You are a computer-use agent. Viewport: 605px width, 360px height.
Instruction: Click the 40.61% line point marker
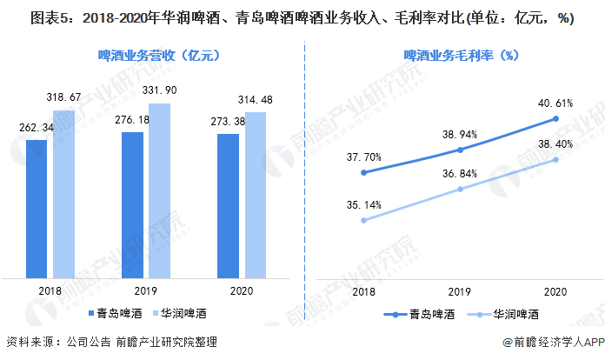[555, 118]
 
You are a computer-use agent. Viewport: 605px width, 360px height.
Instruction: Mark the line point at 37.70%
[362, 172]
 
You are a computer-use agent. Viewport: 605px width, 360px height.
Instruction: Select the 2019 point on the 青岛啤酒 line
[459, 151]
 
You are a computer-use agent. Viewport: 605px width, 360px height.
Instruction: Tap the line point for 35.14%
[362, 220]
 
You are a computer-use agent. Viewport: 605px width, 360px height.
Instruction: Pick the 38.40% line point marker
[555, 159]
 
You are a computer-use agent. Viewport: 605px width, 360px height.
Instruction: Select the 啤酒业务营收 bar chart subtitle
[151, 56]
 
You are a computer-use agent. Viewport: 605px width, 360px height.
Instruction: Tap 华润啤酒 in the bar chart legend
[182, 312]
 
